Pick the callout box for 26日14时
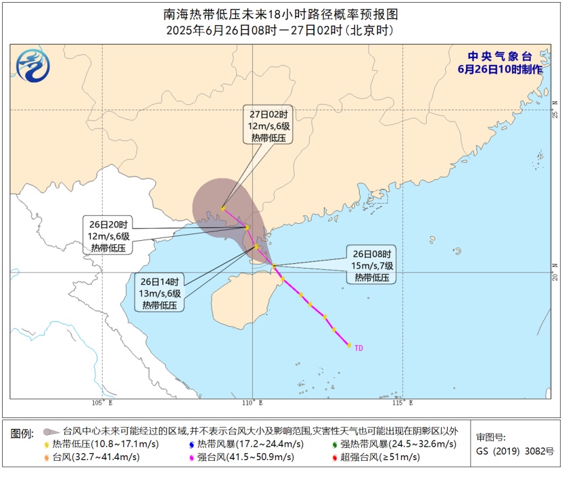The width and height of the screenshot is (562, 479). [x=159, y=293]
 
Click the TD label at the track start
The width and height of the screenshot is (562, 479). [x=358, y=348]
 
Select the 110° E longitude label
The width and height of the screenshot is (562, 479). [x=254, y=403]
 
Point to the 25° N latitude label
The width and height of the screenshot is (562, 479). [x=555, y=108]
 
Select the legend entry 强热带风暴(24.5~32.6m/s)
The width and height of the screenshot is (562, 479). [x=394, y=444]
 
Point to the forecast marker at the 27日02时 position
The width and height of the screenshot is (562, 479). [x=223, y=208]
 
